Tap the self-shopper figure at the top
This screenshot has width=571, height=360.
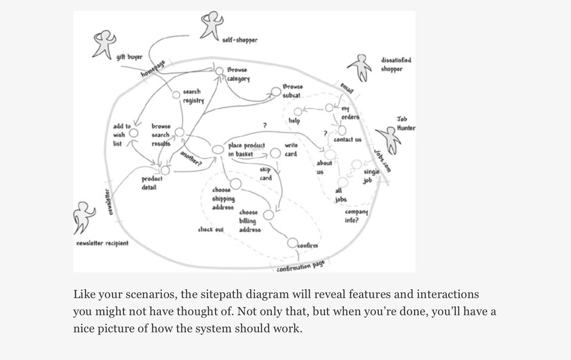(x=209, y=26)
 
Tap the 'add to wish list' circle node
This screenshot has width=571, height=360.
(x=134, y=134)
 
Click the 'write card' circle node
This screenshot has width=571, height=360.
(x=276, y=154)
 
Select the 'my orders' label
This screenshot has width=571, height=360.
(x=350, y=114)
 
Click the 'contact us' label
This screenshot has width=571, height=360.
(x=347, y=140)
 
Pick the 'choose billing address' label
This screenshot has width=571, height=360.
(x=250, y=221)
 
